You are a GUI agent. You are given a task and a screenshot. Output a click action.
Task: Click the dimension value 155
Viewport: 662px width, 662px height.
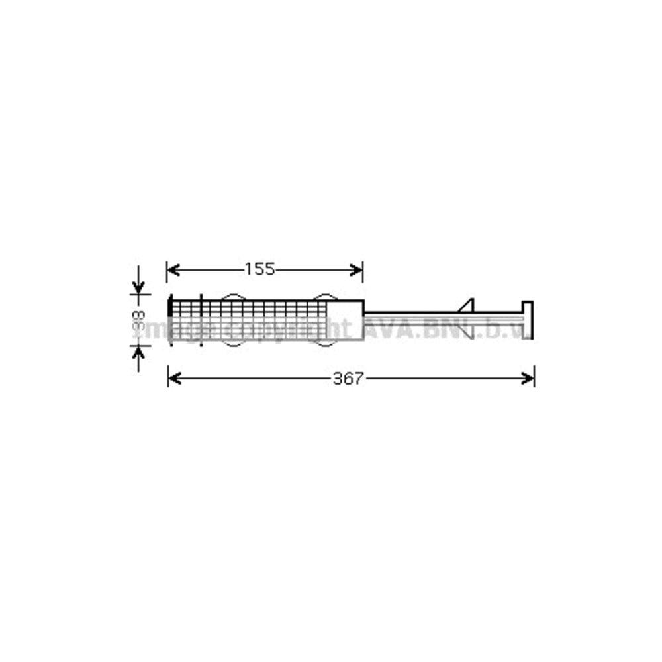point(260,269)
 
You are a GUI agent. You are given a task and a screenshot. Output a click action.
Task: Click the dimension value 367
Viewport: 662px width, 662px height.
point(348,379)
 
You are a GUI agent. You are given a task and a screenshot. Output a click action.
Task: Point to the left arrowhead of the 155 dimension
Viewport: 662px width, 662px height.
point(171,269)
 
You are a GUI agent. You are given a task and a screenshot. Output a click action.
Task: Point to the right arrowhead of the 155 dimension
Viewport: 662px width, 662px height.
point(358,269)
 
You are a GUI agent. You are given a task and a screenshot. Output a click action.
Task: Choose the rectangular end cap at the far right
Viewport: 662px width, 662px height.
point(528,319)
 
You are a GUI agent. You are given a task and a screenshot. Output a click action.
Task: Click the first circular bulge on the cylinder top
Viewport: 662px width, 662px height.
point(232,297)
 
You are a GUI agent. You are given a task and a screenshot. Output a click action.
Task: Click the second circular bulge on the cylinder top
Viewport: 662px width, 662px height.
point(324,297)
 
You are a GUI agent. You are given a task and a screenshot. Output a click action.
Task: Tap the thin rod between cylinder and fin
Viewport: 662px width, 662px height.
point(410,312)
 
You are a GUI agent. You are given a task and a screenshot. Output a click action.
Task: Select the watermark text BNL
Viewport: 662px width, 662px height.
point(445,328)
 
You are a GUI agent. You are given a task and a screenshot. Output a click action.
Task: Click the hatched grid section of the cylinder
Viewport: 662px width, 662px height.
point(265,314)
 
